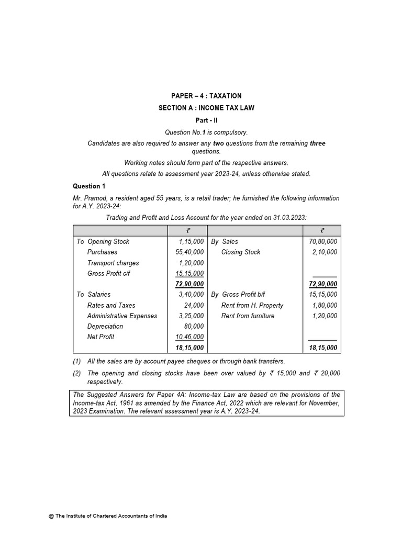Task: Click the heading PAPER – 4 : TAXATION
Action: (206, 96)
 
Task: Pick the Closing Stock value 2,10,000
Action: (325, 252)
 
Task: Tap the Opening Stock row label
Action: (108, 241)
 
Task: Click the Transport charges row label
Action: (113, 263)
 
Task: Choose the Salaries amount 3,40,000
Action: (190, 295)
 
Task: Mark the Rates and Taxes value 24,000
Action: (194, 305)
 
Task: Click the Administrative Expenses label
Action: (122, 316)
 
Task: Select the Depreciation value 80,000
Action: (194, 327)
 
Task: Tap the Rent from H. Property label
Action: (252, 305)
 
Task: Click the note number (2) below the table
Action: (76, 373)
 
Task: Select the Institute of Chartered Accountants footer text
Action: (108, 516)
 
